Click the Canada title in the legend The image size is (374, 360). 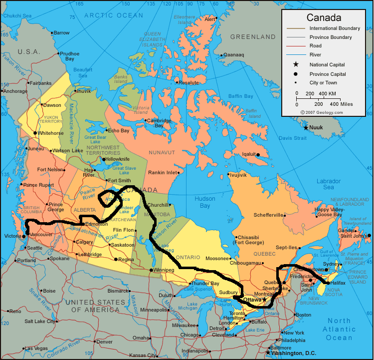click(325, 18)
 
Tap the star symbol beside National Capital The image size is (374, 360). click(296, 64)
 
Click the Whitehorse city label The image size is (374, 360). click(51, 133)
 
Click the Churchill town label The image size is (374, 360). click(158, 205)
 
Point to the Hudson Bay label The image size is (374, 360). click(206, 202)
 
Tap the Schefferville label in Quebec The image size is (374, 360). click(269, 215)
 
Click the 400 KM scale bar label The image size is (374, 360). click(328, 93)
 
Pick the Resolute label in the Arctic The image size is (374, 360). click(189, 82)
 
